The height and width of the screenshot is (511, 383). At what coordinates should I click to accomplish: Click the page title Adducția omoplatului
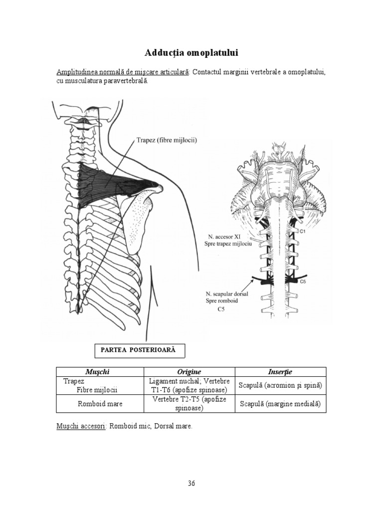coord(191,52)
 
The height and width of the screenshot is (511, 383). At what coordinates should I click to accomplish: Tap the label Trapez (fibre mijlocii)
coord(167,141)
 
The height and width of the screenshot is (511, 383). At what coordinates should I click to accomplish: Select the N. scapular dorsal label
coord(227,294)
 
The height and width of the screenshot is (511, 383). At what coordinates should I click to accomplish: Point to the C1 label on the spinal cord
coord(302,232)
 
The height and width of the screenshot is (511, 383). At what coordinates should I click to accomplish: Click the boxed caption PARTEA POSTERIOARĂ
coord(139,350)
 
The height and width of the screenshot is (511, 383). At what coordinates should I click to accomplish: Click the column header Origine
coord(189,372)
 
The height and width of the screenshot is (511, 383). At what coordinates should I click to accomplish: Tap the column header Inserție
coord(280,372)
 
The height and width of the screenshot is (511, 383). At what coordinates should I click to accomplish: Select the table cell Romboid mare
coord(100,404)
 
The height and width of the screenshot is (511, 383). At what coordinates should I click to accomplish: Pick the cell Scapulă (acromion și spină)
coord(280,386)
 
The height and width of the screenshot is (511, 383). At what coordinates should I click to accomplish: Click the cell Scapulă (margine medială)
coord(280,404)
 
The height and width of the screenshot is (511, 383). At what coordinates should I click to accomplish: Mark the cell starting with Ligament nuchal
coord(189,385)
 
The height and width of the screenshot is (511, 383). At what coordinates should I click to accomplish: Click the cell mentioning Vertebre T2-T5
coord(189,404)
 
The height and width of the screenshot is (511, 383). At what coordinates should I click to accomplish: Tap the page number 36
coord(191,483)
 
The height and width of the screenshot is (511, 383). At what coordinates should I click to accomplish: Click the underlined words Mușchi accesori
coord(80,427)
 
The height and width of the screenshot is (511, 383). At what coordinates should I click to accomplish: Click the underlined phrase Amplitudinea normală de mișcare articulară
coord(122,72)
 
